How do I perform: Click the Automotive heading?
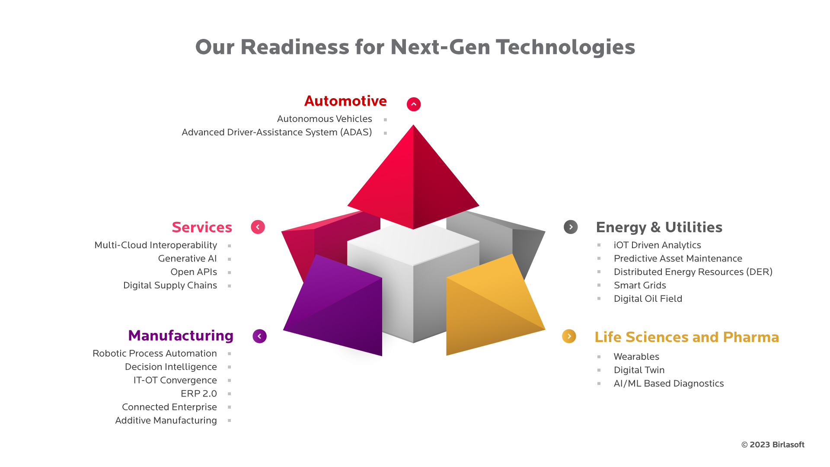point(345,101)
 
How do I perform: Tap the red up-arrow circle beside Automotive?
point(414,104)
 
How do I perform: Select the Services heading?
point(202,227)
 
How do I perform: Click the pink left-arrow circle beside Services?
point(258,227)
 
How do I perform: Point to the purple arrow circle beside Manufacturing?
point(260,336)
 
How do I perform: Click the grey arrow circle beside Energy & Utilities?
point(571,227)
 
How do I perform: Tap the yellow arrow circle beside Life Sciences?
point(569,336)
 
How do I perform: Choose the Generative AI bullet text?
point(187,259)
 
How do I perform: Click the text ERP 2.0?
point(199,393)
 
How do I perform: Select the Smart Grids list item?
point(640,285)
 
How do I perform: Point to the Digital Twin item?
point(639,370)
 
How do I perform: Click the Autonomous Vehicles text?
point(324,119)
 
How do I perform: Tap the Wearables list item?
point(636,357)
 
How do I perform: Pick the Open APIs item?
point(194,272)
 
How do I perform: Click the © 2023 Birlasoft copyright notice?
point(773,445)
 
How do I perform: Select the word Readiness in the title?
point(295,47)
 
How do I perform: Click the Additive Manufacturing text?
point(166,420)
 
